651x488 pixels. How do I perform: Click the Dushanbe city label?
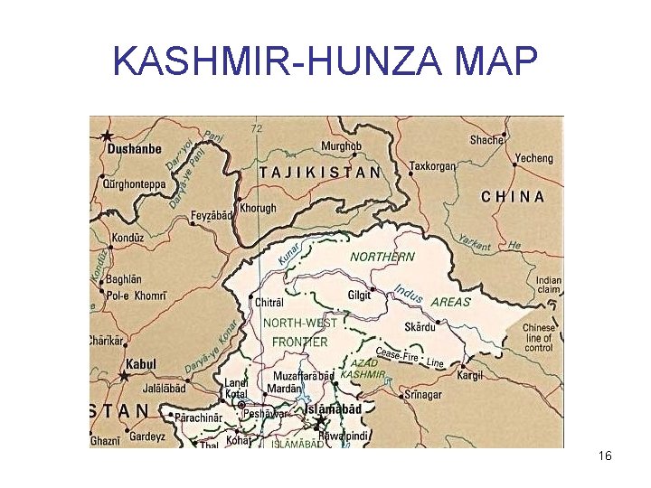(x=135, y=149)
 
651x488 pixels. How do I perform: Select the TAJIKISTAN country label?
(x=320, y=172)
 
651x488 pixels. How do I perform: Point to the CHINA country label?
(x=513, y=195)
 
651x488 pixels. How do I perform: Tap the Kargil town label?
(x=470, y=375)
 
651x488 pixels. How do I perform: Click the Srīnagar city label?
(x=424, y=394)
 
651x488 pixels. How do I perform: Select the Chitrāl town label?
(x=269, y=301)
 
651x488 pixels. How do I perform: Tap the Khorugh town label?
(x=259, y=209)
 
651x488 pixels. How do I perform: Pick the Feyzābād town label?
(x=212, y=216)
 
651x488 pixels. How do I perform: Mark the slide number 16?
(x=605, y=456)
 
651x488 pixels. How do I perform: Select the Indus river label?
(x=409, y=294)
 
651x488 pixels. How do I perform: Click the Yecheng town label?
(x=533, y=158)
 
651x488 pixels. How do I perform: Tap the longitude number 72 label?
(x=256, y=128)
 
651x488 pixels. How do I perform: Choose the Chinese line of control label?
(x=538, y=338)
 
